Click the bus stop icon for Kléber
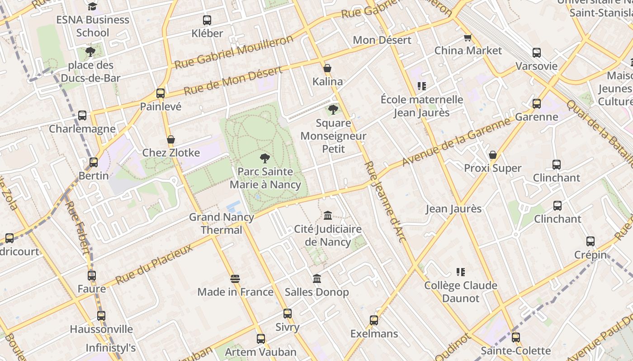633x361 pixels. (x=207, y=20)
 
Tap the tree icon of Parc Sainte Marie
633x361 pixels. (x=265, y=158)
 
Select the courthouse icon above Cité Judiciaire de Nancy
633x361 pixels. (x=328, y=216)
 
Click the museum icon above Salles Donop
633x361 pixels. (x=317, y=279)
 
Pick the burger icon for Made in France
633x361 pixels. (x=235, y=279)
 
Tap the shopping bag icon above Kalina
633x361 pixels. (x=327, y=69)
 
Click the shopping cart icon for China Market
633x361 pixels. (x=468, y=37)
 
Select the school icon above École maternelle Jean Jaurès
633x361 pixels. (x=421, y=86)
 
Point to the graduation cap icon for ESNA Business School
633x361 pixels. (x=93, y=6)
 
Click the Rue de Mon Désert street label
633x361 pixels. (x=233, y=79)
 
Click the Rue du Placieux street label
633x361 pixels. (x=154, y=264)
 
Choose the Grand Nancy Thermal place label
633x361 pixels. (x=222, y=223)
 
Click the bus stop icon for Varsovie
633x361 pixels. (x=536, y=53)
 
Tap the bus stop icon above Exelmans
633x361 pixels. (x=374, y=320)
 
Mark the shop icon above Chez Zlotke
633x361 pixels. (x=171, y=140)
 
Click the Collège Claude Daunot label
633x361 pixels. (x=460, y=292)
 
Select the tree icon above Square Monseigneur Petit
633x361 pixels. (x=333, y=109)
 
